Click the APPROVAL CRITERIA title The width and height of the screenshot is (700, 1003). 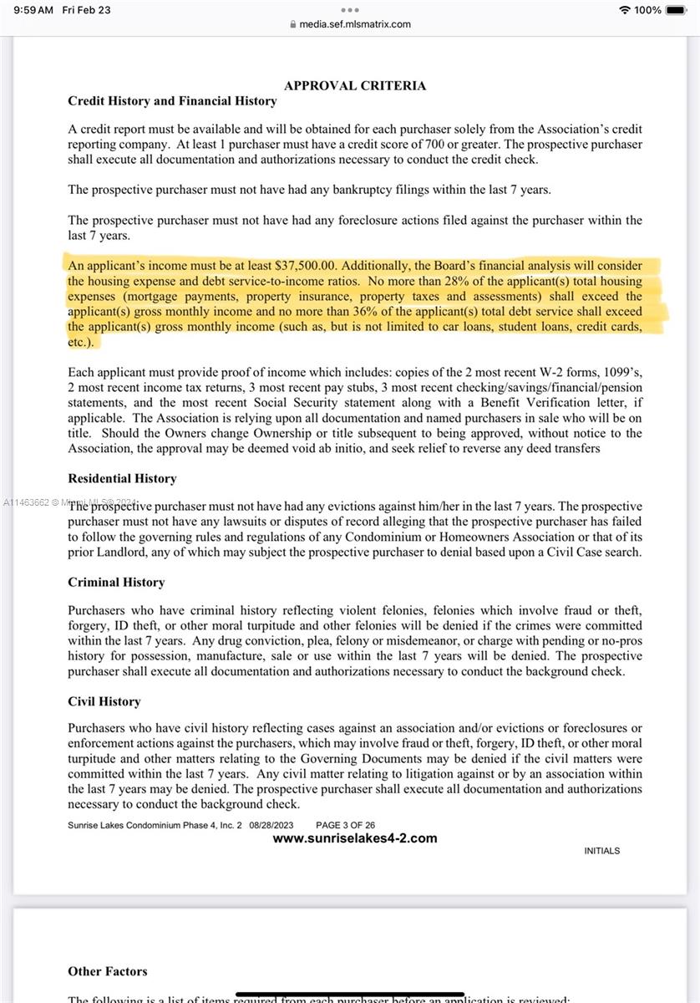355,85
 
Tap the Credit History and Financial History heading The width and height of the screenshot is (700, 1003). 172,101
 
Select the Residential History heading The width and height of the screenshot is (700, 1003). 122,478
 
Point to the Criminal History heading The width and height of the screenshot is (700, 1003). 116,582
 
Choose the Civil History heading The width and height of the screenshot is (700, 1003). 104,701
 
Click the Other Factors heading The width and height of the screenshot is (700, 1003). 108,971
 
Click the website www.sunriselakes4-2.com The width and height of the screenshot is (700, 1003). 355,838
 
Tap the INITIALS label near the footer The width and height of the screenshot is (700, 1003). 601,851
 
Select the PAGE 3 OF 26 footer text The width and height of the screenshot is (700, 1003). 345,825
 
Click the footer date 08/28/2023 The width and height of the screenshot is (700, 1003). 271,825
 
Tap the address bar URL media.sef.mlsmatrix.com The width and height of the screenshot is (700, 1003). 355,24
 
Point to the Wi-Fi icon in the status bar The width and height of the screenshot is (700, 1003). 625,10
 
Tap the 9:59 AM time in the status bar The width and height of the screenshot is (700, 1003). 33,10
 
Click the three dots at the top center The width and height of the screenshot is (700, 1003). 350,10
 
